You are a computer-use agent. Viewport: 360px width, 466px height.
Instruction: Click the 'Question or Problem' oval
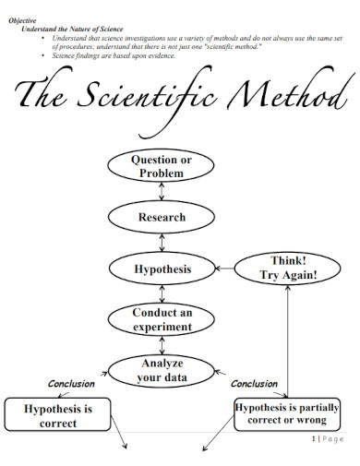pos(162,167)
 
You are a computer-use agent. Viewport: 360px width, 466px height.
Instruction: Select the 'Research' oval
pos(162,218)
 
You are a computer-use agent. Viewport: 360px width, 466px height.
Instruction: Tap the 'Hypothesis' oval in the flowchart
pos(162,269)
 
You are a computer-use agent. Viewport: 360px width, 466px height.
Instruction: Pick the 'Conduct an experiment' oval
pos(162,319)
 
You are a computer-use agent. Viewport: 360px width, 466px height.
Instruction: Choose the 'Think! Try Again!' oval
pos(288,269)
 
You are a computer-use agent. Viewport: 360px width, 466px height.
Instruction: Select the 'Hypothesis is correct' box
pos(57,415)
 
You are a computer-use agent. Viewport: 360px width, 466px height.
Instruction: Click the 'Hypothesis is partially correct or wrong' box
pos(287,413)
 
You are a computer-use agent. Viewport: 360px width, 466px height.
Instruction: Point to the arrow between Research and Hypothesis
pos(162,244)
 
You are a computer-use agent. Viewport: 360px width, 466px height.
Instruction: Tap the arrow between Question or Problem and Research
pos(162,192)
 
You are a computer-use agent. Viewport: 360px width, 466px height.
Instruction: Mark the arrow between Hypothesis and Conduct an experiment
pos(162,294)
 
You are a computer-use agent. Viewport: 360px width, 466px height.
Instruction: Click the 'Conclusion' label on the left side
pos(71,384)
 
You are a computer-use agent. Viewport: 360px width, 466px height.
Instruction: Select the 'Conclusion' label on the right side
pos(254,384)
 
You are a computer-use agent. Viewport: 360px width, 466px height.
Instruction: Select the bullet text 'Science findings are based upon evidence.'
pos(113,56)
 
